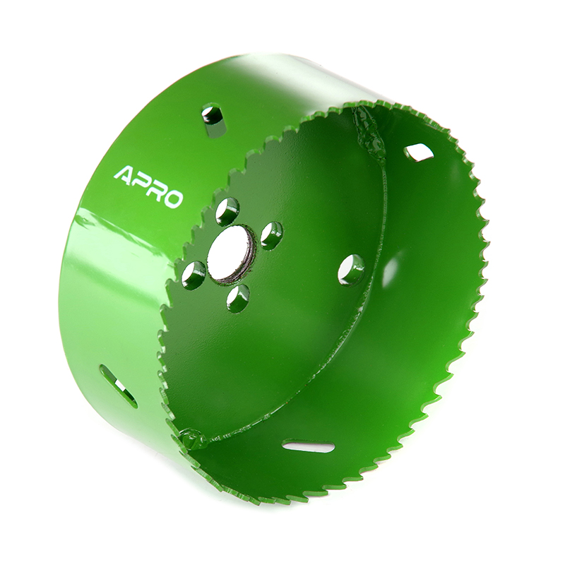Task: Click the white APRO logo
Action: click(148, 186)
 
